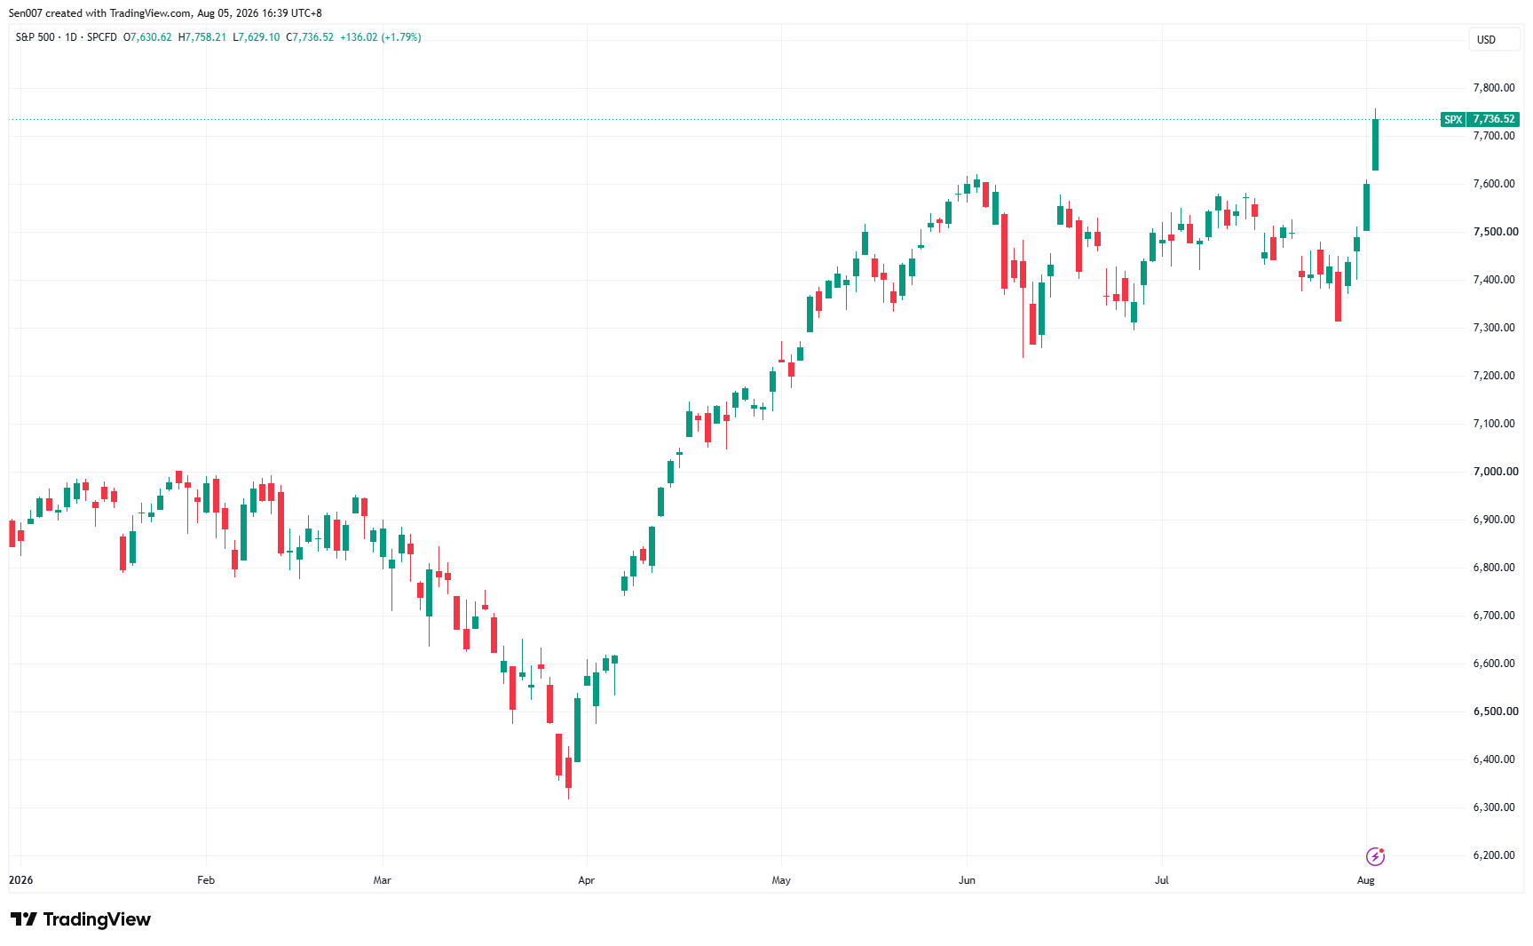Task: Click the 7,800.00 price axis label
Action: coord(1494,88)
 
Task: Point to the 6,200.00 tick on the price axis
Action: coord(1494,855)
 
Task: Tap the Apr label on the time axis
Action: coord(586,880)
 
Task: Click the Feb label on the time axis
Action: coord(206,880)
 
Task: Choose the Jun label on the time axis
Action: coord(967,880)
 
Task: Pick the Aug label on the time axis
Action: coord(1366,880)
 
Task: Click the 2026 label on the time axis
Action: coord(20,880)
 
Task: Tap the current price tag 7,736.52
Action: coord(1494,119)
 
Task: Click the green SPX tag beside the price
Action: coord(1453,119)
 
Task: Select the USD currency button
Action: coord(1486,40)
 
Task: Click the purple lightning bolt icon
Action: coord(1375,856)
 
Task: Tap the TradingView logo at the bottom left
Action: coord(81,919)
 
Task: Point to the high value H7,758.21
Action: coord(202,37)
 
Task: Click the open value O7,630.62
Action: coord(147,37)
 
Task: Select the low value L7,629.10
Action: coord(257,37)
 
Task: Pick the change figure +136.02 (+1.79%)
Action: coord(381,37)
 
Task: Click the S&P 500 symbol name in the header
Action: coord(36,37)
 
